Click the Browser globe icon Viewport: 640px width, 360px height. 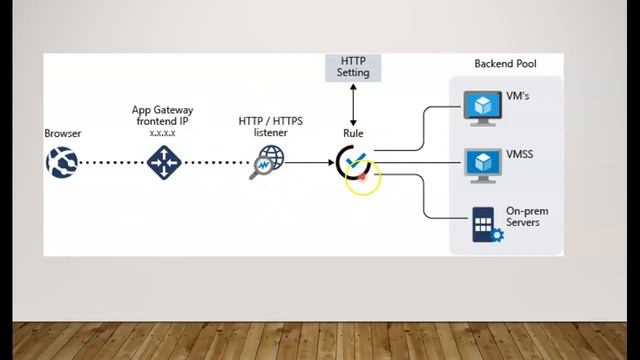[x=61, y=162]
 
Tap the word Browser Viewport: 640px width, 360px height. [x=62, y=133]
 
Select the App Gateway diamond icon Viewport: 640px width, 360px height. [x=162, y=162]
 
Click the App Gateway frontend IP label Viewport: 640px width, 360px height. [x=162, y=115]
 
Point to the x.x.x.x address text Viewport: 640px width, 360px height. [x=162, y=132]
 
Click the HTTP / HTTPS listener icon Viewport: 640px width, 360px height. [x=267, y=162]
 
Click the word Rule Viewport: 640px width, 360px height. [x=353, y=133]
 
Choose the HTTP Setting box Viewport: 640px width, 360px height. [x=353, y=67]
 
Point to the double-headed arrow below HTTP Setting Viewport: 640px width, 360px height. [x=353, y=104]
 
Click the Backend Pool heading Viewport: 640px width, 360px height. [x=505, y=64]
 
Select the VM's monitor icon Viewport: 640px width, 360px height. [x=485, y=107]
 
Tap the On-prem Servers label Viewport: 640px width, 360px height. [x=526, y=216]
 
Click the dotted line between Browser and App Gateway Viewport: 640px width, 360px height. [x=112, y=162]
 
